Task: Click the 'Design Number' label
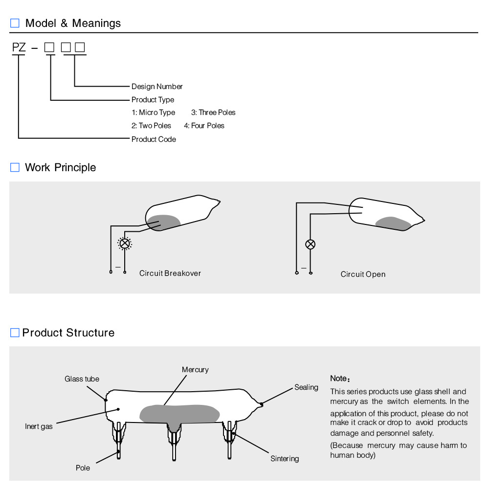(x=157, y=87)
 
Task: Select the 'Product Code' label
(x=154, y=139)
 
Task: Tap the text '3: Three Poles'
(x=213, y=112)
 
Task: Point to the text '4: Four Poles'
(x=204, y=126)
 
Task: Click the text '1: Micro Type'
(x=153, y=112)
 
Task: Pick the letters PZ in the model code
(x=19, y=48)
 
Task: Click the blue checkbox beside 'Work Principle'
(x=15, y=168)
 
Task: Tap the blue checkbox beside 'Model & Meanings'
(x=15, y=23)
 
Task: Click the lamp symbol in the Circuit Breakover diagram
(x=125, y=243)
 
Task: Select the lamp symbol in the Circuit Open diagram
(x=310, y=244)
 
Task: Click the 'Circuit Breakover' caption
(x=170, y=273)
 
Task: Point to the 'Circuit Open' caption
(x=363, y=274)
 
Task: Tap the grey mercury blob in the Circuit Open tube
(x=393, y=223)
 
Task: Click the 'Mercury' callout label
(x=195, y=370)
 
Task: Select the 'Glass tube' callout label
(x=82, y=379)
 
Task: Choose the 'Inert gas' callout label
(x=39, y=426)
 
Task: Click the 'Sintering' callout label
(x=285, y=459)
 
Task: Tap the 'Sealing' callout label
(x=306, y=387)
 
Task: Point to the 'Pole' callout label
(x=83, y=468)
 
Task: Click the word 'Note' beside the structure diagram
(x=338, y=378)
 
